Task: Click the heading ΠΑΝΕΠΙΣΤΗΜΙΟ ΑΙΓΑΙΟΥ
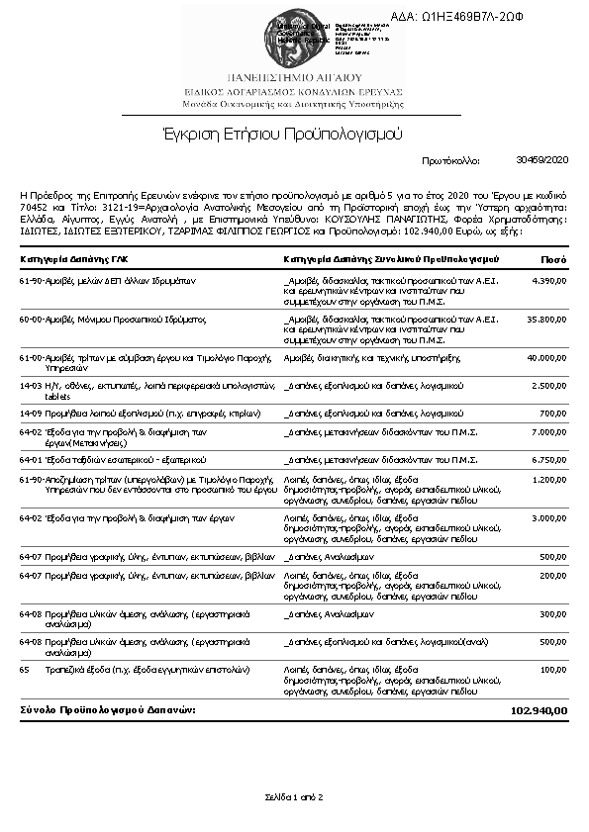point(294,76)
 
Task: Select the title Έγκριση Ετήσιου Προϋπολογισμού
point(294,132)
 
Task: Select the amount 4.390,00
point(549,281)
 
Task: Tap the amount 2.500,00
point(549,385)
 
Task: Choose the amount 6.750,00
point(549,459)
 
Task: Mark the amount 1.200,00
point(549,479)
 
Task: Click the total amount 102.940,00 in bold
point(539,710)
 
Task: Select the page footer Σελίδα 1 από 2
point(294,795)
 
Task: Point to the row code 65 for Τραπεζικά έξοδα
point(25,670)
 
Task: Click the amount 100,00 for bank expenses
point(553,670)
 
